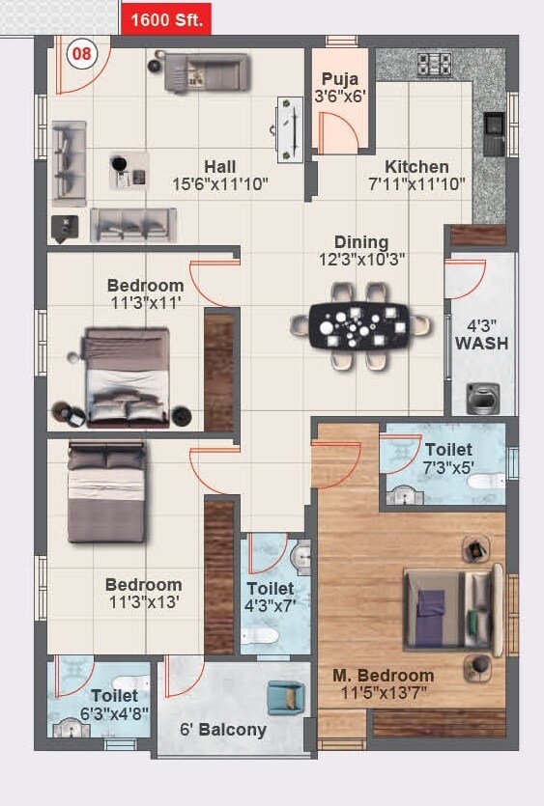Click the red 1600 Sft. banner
[x=166, y=18]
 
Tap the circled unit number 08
[x=81, y=54]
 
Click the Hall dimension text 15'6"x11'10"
[x=219, y=182]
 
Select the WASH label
[x=481, y=343]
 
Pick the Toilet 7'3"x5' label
[x=448, y=458]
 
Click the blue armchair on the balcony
[x=285, y=697]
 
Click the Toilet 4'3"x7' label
[x=271, y=596]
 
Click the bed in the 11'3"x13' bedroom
[x=106, y=491]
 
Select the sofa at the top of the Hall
[x=207, y=72]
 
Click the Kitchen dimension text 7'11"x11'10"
[x=416, y=182]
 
